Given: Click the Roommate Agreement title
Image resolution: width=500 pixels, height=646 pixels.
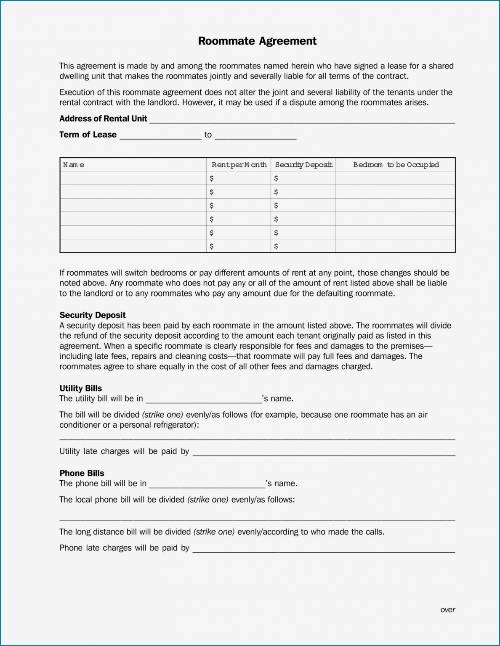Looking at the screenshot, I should (257, 41).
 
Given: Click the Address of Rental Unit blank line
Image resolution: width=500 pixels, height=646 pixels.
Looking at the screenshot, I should (302, 120).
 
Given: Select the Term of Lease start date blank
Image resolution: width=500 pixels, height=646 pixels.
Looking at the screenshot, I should (160, 136).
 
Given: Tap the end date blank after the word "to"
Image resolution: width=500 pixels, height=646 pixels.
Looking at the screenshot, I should (255, 136).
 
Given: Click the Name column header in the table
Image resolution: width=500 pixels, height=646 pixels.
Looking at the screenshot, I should (74, 165).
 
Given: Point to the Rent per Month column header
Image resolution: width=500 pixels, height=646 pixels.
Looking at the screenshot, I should (239, 165).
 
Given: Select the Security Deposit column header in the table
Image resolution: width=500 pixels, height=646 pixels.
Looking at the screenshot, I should (303, 165).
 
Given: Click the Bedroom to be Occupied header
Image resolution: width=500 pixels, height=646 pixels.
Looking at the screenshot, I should (396, 165).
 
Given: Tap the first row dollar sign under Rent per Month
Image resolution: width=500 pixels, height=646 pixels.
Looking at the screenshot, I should (211, 178).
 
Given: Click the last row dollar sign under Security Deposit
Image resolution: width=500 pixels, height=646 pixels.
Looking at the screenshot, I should (276, 246).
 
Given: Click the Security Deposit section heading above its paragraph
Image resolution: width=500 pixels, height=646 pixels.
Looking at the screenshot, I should (93, 315).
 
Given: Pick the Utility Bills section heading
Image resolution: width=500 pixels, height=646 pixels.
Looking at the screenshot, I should (80, 388).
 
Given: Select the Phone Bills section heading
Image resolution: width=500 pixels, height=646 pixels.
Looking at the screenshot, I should (82, 473).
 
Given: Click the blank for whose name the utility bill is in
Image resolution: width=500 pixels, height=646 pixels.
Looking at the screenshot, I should (203, 400).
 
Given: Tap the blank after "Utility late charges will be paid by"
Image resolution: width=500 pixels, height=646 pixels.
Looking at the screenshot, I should (324, 453).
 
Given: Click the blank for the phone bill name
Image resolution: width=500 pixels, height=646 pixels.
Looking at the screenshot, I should (207, 484).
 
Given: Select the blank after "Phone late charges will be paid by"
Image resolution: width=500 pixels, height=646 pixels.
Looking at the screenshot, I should (324, 549).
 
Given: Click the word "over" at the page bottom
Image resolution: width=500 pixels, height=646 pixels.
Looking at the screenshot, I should (447, 610).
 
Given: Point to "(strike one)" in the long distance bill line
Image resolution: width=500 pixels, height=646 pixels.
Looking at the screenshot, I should (214, 532).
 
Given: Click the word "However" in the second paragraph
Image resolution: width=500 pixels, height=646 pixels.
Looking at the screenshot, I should (197, 103).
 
